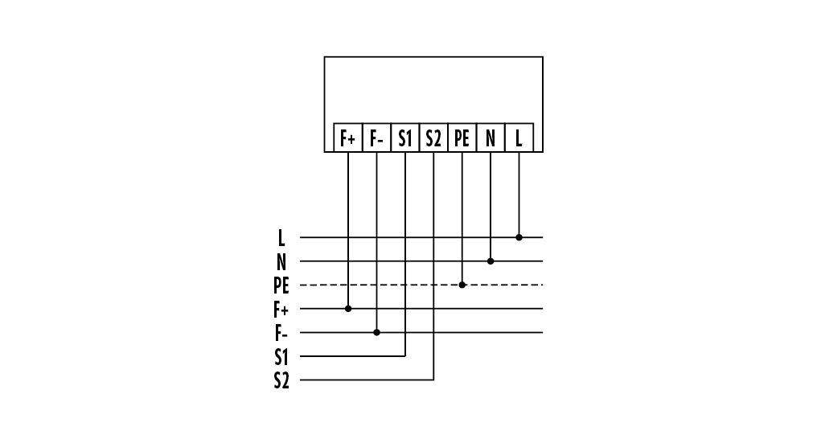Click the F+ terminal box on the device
(348, 138)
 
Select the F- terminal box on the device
(376, 138)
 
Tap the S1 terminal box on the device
(405, 138)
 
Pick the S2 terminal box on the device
(433, 138)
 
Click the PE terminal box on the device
(462, 138)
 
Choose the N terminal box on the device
(491, 138)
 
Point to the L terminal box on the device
(519, 138)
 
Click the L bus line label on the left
(281, 238)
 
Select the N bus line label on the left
(281, 261)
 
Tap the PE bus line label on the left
(280, 285)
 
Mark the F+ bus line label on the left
(281, 309)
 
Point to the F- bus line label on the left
(281, 332)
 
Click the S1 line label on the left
(281, 356)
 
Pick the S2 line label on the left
(281, 380)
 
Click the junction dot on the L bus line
(519, 238)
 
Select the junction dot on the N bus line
(491, 261)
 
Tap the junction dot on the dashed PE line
(462, 285)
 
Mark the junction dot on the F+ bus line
(348, 308)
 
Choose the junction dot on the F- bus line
(376, 332)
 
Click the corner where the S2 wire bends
(433, 380)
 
